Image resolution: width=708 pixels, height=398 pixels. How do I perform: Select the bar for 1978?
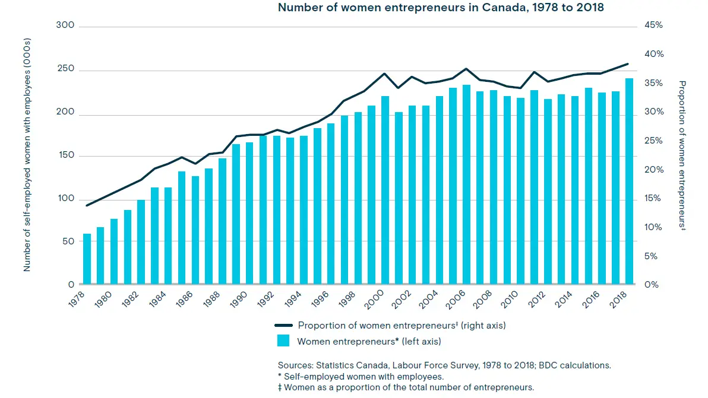[87, 259]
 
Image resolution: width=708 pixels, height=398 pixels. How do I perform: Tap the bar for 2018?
[629, 182]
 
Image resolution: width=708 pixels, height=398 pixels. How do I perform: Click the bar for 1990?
[236, 214]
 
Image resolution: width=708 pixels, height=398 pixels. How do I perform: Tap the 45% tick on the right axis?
[653, 26]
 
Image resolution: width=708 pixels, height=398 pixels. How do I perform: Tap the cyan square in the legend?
[283, 341]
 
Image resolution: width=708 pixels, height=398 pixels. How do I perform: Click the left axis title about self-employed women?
[27, 155]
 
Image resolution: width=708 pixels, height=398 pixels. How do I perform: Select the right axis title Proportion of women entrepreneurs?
[682, 155]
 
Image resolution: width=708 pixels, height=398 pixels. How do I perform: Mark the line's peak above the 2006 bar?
[466, 69]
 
